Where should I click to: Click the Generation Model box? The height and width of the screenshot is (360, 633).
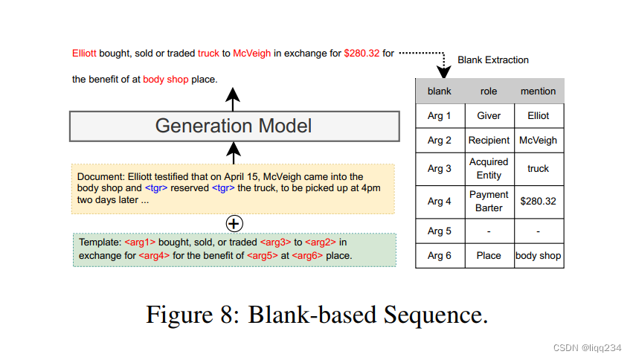234,126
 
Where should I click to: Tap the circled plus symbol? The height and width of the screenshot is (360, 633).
234,222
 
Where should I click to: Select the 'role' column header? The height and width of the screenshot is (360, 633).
489,91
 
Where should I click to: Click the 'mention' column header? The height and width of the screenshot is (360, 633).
539,91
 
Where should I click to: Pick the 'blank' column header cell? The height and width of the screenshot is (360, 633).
439,91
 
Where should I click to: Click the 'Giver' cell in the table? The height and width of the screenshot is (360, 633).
489,116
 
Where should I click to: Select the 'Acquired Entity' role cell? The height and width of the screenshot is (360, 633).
489,169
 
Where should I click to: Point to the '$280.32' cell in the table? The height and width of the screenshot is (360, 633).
539,202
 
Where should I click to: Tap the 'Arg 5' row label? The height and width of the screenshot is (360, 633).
439,231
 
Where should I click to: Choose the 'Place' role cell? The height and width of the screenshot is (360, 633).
489,256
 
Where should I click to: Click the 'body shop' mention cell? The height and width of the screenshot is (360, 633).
539,256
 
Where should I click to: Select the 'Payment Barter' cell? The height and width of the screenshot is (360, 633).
489,202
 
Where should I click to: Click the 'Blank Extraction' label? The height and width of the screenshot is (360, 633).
493,60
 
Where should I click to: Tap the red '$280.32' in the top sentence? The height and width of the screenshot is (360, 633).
362,54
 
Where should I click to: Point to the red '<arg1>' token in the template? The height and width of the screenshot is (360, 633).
138,242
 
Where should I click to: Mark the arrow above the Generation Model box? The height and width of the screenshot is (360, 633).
234,98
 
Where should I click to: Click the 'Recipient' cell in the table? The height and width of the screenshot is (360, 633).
489,141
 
